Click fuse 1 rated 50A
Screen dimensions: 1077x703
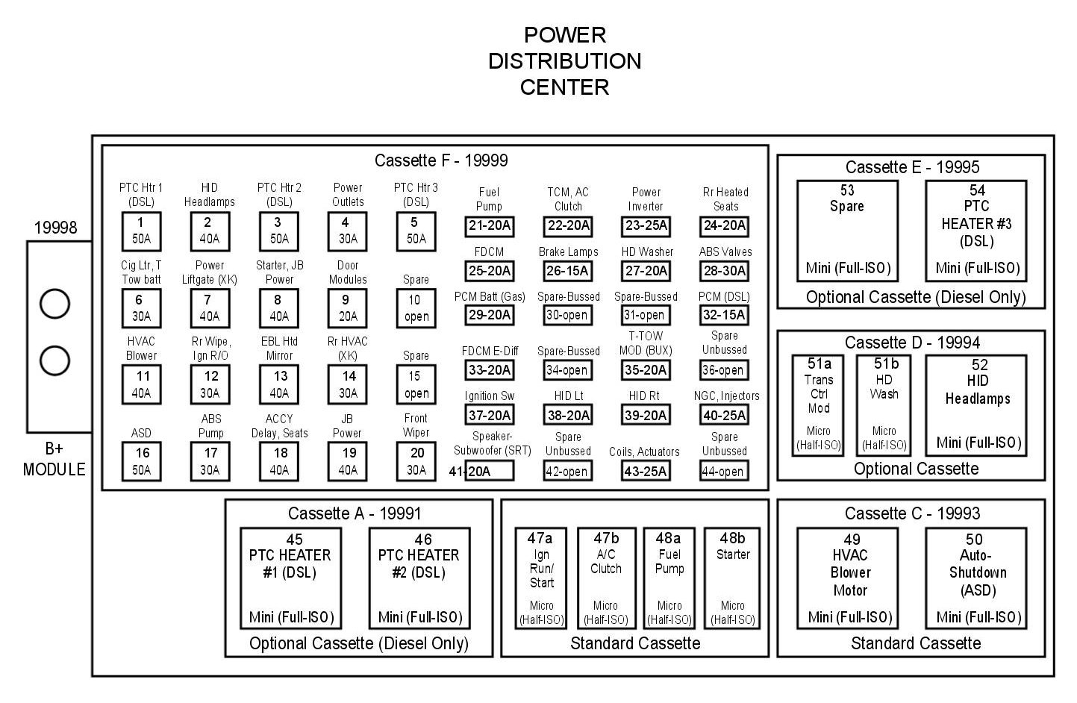coord(141,231)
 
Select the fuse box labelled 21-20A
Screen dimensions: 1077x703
coord(489,226)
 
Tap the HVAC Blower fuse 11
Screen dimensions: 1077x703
coord(141,384)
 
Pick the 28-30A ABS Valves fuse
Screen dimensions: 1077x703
coord(724,271)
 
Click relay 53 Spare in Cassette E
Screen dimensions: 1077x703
coord(847,231)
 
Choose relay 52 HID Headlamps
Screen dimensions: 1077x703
coord(976,405)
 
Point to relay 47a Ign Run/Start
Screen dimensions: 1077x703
coord(541,578)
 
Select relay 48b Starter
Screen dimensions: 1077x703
coord(732,578)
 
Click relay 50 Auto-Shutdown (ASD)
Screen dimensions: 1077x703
coord(976,578)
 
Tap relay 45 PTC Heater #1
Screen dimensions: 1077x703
coord(291,578)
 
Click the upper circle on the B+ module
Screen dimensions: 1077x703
coord(54,304)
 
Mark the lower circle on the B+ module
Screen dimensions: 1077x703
coord(54,360)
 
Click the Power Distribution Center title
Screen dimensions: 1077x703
coord(565,61)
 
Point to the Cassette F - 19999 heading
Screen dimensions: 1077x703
coord(441,160)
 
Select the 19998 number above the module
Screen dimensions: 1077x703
coord(55,227)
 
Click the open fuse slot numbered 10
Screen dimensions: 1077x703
coord(416,308)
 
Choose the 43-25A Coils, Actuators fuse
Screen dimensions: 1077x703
coord(646,471)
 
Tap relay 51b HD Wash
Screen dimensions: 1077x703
coord(884,405)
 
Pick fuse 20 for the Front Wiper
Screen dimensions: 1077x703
coord(416,462)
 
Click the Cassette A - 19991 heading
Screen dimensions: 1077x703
coord(355,513)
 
